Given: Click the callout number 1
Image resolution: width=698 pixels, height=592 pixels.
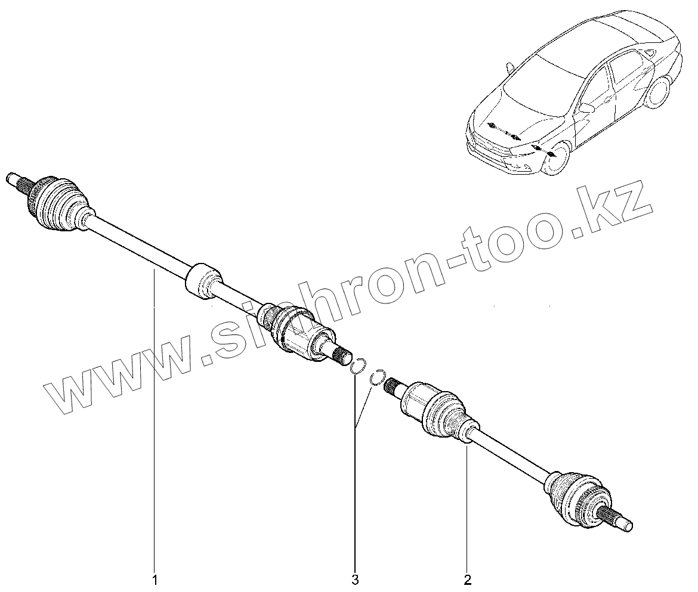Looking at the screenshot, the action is (155, 579).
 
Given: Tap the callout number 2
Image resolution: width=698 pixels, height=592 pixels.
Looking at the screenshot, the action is (467, 579).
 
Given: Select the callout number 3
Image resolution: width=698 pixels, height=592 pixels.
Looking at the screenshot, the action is (355, 579).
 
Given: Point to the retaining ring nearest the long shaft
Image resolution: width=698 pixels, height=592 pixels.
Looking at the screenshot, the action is (358, 366).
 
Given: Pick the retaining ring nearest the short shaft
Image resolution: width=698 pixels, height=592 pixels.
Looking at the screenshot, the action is (377, 377).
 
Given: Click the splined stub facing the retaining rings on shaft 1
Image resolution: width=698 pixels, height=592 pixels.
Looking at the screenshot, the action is (342, 357).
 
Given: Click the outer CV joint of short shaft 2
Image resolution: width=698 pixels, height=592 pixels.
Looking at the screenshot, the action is (576, 497).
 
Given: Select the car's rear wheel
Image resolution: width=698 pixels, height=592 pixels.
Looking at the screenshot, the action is (660, 92).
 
